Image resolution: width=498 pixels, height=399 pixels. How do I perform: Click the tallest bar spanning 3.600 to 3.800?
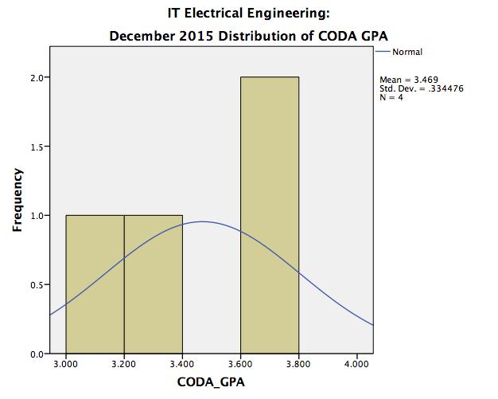270,215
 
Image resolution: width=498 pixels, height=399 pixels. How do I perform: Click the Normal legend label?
407,53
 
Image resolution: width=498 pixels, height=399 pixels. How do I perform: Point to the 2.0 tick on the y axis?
38,78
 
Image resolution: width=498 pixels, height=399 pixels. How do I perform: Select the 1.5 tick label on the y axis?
38,147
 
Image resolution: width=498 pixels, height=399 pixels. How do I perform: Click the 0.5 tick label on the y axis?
38,284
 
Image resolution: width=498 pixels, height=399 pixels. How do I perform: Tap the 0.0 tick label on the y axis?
38,353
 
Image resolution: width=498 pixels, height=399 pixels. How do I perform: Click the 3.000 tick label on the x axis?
66,366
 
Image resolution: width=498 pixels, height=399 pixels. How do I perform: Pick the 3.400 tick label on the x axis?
182,366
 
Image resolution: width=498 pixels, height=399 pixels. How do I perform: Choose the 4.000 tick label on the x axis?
357,366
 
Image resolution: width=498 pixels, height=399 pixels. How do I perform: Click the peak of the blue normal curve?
202,221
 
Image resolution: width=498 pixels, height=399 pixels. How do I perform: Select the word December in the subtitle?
139,36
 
